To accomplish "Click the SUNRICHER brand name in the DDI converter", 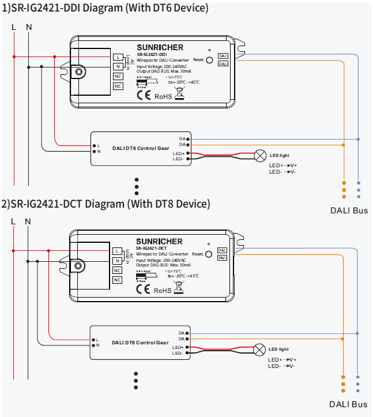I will click(x=160, y=47).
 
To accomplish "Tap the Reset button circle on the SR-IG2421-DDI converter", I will click(x=209, y=59).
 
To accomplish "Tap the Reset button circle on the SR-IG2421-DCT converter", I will click(x=209, y=254).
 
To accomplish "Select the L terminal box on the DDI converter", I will click(x=118, y=57).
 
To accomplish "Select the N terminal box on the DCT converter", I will click(x=118, y=261).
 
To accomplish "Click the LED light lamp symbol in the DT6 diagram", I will click(x=261, y=155).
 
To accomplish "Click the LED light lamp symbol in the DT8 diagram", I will click(x=260, y=349).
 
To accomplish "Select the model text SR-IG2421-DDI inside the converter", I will click(x=152, y=55).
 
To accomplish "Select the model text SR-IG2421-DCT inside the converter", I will click(x=152, y=249).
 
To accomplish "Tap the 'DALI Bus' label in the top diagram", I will click(x=348, y=211).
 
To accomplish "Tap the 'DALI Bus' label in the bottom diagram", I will click(x=348, y=404).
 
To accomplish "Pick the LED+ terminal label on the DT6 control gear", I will click(x=178, y=153).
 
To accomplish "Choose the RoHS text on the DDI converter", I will click(x=163, y=96).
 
